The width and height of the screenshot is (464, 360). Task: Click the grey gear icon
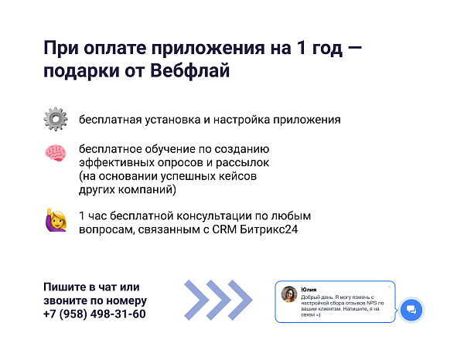56,119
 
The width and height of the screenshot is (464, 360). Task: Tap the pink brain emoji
56,153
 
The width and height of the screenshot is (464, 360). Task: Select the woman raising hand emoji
56,219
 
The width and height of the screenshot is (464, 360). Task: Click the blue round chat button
411,310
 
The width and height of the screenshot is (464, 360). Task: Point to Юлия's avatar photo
289,294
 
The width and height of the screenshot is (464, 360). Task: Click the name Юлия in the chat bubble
309,290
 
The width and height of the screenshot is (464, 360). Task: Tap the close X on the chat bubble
389,287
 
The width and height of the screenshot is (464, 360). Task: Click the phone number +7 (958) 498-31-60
94,314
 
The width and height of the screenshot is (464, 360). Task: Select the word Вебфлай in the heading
190,71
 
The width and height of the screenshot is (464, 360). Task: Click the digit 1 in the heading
302,48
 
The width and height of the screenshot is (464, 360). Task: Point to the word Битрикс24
268,229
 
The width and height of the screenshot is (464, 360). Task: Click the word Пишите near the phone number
64,287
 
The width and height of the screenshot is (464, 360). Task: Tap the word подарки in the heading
81,72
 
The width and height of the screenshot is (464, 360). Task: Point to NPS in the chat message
372,303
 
